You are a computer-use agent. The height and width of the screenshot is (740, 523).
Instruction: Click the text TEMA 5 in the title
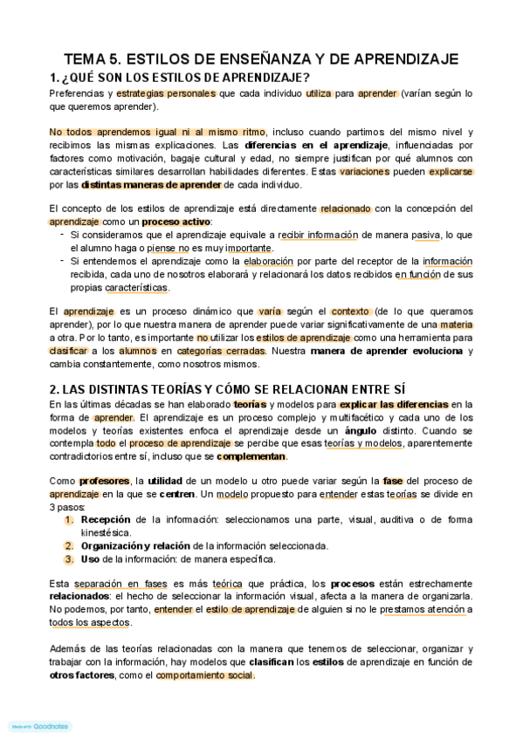[x=93, y=59]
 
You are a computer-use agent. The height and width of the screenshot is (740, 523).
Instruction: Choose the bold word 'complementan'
[x=251, y=456]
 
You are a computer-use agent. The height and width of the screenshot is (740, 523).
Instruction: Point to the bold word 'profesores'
[x=103, y=481]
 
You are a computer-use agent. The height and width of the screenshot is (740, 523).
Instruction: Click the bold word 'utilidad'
[x=165, y=481]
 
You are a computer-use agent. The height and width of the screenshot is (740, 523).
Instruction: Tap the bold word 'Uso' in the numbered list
[x=90, y=559]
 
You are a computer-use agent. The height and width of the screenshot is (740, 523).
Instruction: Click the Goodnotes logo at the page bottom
[x=38, y=726]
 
